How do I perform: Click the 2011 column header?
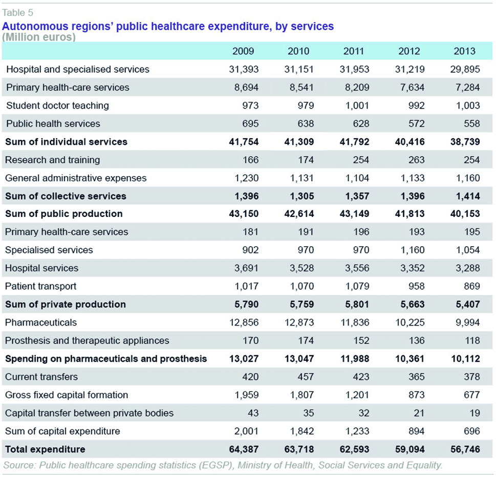click(354, 51)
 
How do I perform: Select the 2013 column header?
click(464, 51)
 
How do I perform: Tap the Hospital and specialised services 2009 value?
click(244, 69)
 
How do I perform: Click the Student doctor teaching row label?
click(57, 105)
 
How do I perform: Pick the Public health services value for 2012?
click(417, 123)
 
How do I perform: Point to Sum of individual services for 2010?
click(299, 142)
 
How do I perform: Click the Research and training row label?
click(53, 160)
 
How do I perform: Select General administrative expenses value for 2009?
click(247, 178)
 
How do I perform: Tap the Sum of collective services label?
click(66, 196)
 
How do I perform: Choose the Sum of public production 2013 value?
click(465, 214)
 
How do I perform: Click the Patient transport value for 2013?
click(472, 286)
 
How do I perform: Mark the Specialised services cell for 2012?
click(413, 250)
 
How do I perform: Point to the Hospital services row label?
click(42, 268)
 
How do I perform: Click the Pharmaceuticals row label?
click(41, 322)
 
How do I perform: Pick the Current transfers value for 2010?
click(306, 377)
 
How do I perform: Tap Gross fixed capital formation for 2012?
click(417, 395)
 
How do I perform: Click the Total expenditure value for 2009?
click(244, 449)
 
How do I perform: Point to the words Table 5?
click(17, 13)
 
